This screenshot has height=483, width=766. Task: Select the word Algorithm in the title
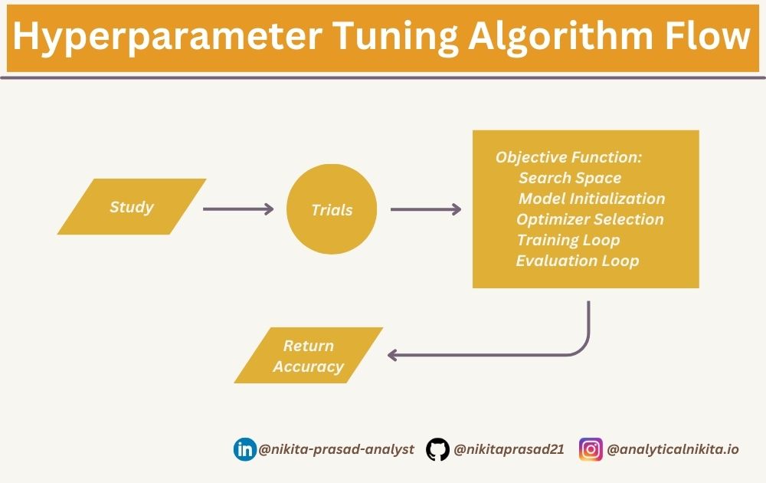click(x=561, y=38)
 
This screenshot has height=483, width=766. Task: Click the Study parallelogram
click(x=132, y=207)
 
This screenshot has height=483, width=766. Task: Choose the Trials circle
click(x=332, y=209)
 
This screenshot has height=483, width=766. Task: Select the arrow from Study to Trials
click(x=238, y=209)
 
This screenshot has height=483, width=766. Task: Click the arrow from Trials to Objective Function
click(x=426, y=209)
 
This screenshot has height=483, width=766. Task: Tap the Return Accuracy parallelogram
click(x=309, y=356)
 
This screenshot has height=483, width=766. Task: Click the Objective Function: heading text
click(x=568, y=157)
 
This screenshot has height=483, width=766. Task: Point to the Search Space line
click(x=570, y=178)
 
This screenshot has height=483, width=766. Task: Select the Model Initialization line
click(x=591, y=199)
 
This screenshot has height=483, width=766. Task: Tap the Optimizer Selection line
click(x=590, y=219)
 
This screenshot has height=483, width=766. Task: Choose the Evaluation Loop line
click(x=578, y=261)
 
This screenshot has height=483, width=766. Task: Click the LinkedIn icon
click(x=245, y=449)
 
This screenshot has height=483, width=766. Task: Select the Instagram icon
click(x=591, y=449)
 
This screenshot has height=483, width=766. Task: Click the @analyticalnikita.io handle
click(x=673, y=449)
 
